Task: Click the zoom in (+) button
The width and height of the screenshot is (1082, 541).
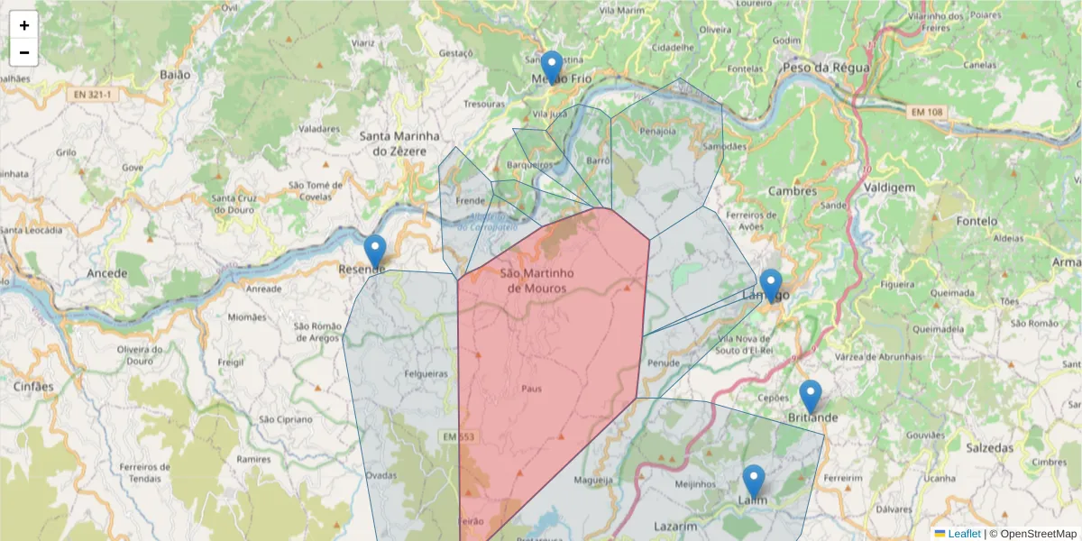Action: pyautogui.click(x=24, y=25)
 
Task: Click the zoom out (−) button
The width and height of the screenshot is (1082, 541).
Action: pyautogui.click(x=24, y=52)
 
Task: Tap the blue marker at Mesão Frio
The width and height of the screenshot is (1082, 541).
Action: pyautogui.click(x=552, y=68)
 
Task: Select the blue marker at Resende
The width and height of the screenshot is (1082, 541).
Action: pyautogui.click(x=375, y=252)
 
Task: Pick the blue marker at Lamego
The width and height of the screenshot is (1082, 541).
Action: pyautogui.click(x=771, y=286)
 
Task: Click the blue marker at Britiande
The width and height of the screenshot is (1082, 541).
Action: pyautogui.click(x=811, y=397)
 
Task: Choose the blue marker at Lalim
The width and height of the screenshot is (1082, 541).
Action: pyautogui.click(x=754, y=481)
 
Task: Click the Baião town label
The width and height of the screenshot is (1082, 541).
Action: pyautogui.click(x=175, y=75)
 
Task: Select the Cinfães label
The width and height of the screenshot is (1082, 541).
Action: pyautogui.click(x=33, y=387)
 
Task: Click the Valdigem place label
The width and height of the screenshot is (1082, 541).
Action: pyautogui.click(x=889, y=188)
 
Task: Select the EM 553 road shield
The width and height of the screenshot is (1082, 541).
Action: pyautogui.click(x=458, y=437)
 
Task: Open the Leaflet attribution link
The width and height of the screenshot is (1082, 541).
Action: pyautogui.click(x=964, y=534)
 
